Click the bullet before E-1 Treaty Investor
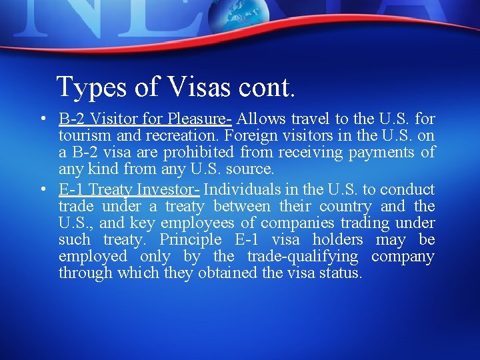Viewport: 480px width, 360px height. [41, 190]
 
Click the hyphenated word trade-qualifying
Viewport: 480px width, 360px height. [303, 257]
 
